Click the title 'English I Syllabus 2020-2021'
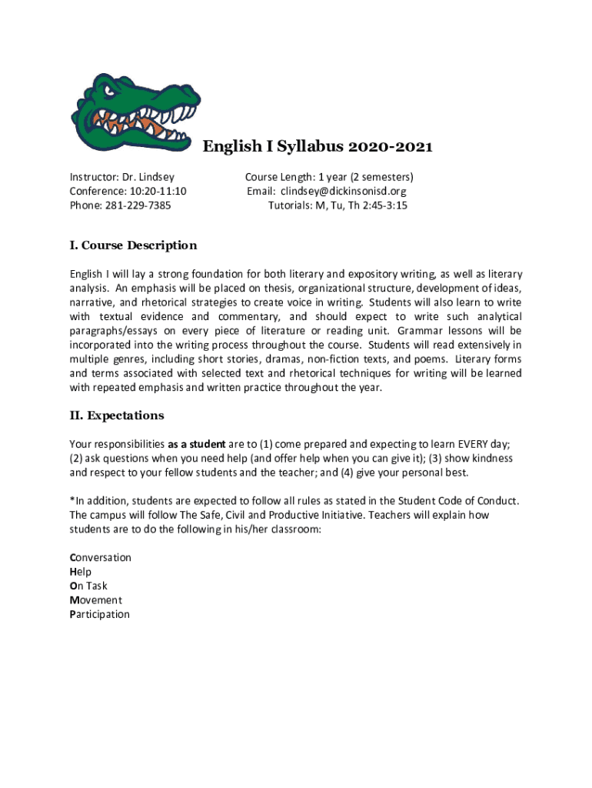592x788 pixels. (x=318, y=147)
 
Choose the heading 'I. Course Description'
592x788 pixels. (x=133, y=245)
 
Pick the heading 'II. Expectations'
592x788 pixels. (x=117, y=416)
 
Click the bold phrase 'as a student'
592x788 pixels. (x=197, y=444)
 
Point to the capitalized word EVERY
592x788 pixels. (x=474, y=444)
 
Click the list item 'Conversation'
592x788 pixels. (x=100, y=558)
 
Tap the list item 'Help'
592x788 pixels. (x=80, y=572)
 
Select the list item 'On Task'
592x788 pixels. (x=88, y=586)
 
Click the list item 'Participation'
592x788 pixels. (x=99, y=615)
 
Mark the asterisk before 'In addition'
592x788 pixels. (x=72, y=500)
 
